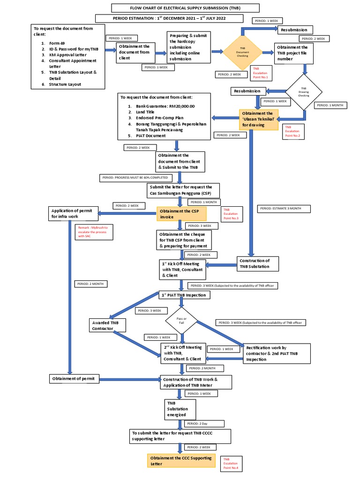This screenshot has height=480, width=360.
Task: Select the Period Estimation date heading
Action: (x=169, y=18)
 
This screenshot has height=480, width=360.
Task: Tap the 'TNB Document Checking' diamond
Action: (x=242, y=52)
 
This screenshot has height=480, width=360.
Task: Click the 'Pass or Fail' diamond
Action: (x=181, y=321)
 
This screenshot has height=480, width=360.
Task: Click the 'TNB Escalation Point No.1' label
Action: (x=261, y=73)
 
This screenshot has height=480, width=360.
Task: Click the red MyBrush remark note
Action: (x=93, y=232)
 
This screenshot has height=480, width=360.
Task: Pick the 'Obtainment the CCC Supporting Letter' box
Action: (x=181, y=461)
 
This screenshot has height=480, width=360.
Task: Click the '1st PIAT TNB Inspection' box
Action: (x=184, y=295)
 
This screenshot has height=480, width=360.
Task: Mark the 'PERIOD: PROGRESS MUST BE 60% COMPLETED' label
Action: (x=135, y=178)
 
